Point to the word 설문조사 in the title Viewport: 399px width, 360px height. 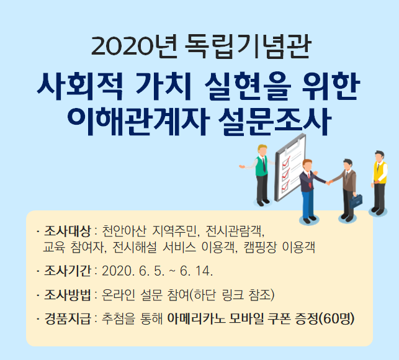(x=275, y=122)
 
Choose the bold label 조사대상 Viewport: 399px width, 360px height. (x=68, y=231)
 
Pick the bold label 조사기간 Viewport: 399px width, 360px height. (x=68, y=271)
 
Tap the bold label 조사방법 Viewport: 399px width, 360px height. (x=68, y=295)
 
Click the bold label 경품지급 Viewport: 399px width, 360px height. (x=68, y=318)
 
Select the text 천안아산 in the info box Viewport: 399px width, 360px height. (x=124, y=231)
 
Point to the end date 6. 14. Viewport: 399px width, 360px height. (x=196, y=271)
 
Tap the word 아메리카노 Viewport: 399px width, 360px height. (x=196, y=318)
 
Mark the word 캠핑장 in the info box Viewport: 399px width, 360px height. (x=260, y=247)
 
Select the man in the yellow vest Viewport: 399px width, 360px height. (x=379, y=182)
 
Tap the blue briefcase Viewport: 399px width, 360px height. (x=356, y=201)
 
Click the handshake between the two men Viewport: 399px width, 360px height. (x=329, y=182)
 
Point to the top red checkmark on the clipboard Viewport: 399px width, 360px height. (x=286, y=161)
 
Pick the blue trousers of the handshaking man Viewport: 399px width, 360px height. (x=308, y=204)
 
